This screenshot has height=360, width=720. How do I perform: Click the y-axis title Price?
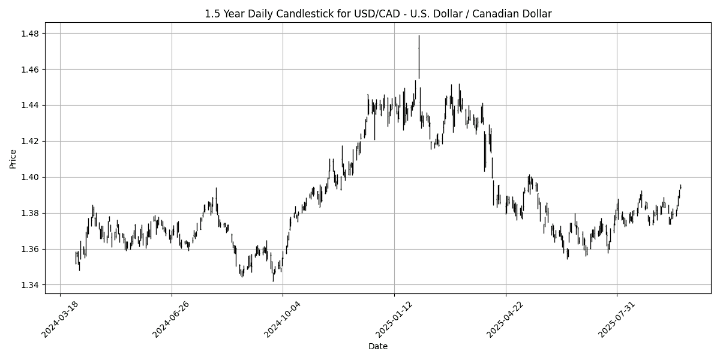click(13, 158)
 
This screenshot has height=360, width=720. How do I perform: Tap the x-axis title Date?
click(378, 346)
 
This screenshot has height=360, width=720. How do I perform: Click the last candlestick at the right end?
click(680, 187)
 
